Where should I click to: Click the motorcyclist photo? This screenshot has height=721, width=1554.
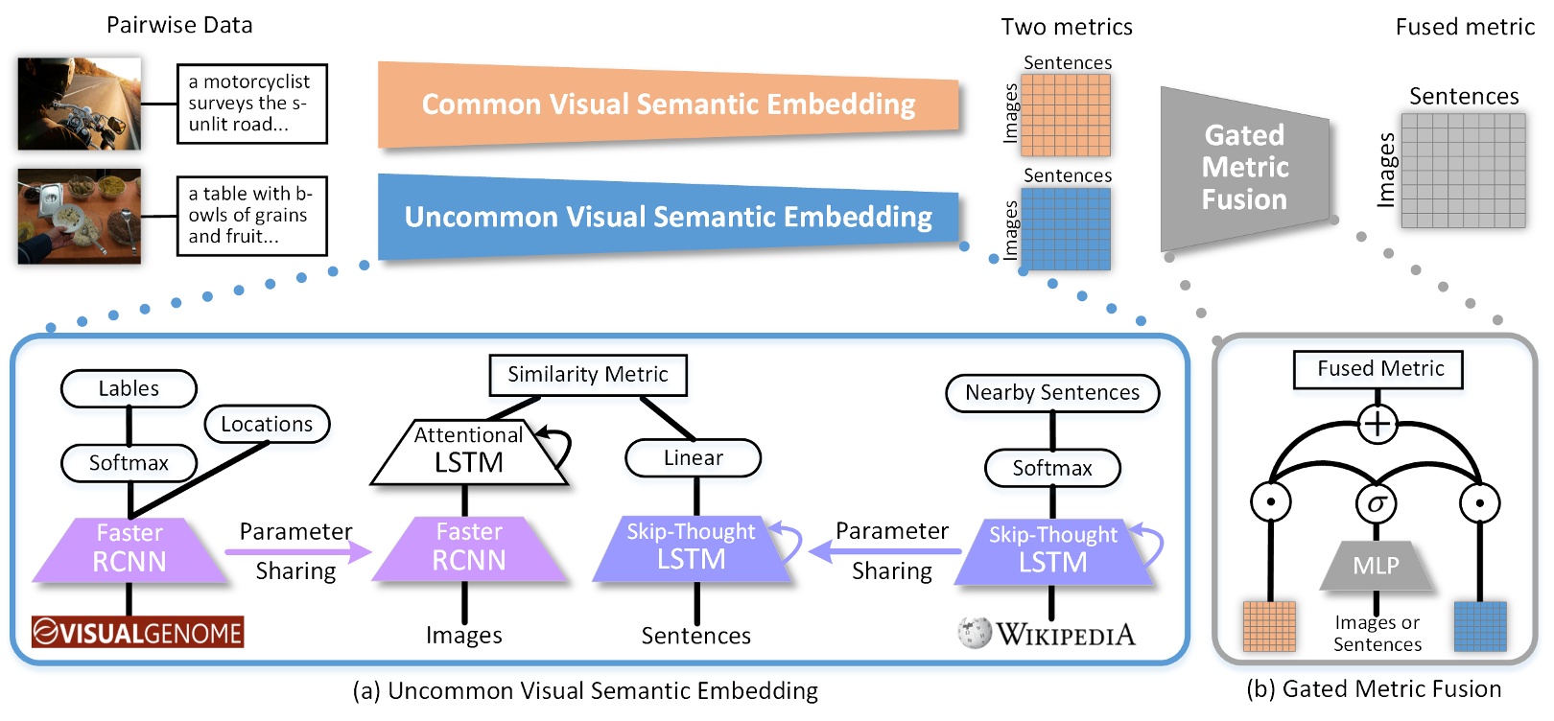point(79,103)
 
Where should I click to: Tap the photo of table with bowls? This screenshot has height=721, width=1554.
point(79,216)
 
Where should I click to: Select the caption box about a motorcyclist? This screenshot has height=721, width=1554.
point(251,104)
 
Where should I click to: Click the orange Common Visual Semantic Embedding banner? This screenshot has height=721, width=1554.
point(668,105)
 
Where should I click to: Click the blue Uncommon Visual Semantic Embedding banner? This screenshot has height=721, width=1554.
point(668,217)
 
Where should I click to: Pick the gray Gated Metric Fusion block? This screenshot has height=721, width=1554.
point(1244,168)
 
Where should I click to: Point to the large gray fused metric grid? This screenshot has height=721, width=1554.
point(1463,171)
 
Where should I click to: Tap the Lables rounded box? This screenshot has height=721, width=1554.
point(129,388)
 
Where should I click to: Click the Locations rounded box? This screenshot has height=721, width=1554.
point(267,424)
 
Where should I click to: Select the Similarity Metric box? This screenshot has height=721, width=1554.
point(587,375)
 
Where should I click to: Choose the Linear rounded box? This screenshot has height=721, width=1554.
point(693,458)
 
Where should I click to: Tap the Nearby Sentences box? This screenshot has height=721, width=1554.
point(1052,393)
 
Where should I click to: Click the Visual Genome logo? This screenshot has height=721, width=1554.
point(137,633)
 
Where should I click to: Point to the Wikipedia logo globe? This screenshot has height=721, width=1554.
point(975,633)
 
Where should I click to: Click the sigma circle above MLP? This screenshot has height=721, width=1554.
point(1377,502)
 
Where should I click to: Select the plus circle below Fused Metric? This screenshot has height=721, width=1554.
point(1377,424)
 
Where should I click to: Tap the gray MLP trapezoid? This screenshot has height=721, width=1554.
point(1376,566)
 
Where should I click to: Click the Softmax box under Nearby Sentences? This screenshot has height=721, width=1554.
point(1052,468)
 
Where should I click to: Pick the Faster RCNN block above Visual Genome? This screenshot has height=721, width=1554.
point(129,549)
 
